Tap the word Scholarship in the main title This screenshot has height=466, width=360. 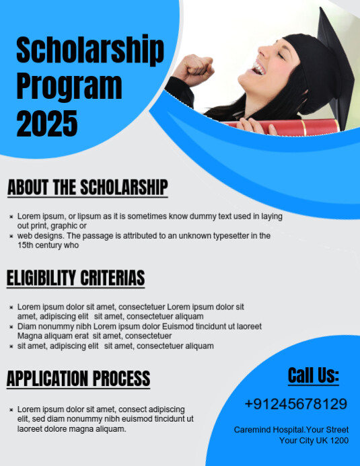89,52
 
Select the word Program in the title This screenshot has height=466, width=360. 69,87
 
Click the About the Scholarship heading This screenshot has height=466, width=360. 87,187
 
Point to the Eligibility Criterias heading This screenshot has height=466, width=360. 76,277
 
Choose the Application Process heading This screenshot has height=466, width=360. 78,379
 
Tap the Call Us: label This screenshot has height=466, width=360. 314,375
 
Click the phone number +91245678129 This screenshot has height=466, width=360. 296,404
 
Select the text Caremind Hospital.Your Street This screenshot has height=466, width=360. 291,429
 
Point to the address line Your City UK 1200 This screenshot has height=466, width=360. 314,440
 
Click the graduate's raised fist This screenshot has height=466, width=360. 199,67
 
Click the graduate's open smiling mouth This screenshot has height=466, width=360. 259,67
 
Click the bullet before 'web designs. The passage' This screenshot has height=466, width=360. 11,237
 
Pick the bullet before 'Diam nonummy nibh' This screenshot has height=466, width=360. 11,327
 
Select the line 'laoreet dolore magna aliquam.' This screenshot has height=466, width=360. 72,428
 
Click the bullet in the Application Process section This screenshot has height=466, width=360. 11,410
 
